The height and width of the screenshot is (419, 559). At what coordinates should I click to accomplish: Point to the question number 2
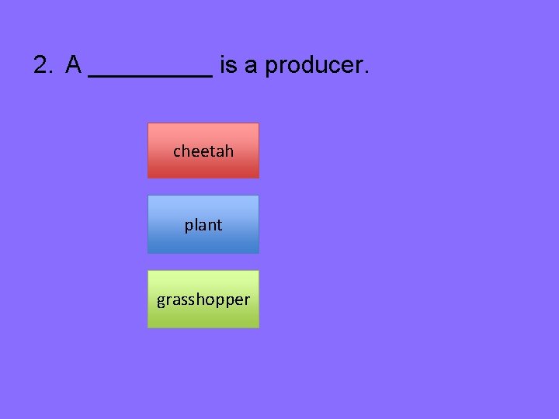pyautogui.click(x=42, y=66)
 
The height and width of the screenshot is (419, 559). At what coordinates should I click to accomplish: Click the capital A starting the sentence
pyautogui.click(x=74, y=66)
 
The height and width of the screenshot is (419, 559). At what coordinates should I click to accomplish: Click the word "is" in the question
pyautogui.click(x=228, y=66)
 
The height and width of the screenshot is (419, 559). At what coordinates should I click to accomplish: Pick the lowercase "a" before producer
pyautogui.click(x=251, y=67)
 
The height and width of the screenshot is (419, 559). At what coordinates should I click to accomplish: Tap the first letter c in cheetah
pyautogui.click(x=177, y=152)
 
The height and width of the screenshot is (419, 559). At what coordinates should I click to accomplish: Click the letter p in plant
pyautogui.click(x=189, y=227)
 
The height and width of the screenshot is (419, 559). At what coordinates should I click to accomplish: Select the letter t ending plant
pyautogui.click(x=219, y=225)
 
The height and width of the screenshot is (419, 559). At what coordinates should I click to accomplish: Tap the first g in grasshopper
pyautogui.click(x=161, y=301)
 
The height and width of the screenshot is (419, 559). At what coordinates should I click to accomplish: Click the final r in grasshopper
pyautogui.click(x=247, y=300)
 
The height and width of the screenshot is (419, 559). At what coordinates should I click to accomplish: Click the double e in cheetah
pyautogui.click(x=200, y=152)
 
